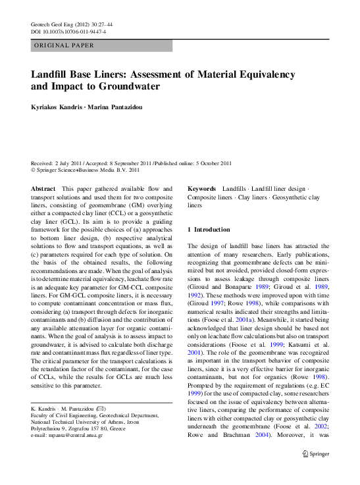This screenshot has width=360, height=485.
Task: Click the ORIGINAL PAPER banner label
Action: pyautogui.click(x=64, y=45)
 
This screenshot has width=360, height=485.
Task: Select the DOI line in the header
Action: pyautogui.click(x=68, y=31)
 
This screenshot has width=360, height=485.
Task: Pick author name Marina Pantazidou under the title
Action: pyautogui.click(x=124, y=105)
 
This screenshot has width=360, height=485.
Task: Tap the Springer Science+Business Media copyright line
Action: pyautogui.click(x=86, y=170)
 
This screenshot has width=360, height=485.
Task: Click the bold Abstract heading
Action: pyautogui.click(x=43, y=188)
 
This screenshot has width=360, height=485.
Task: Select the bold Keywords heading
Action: pyautogui.click(x=202, y=188)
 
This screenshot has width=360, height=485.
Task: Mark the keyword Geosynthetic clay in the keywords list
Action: pyautogui.click(x=296, y=197)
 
